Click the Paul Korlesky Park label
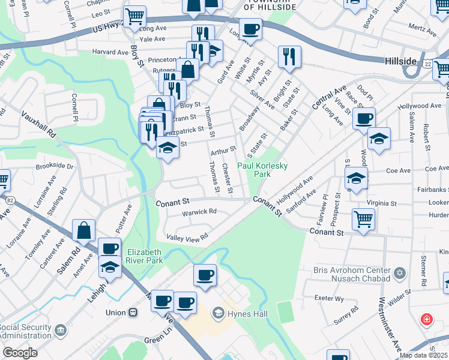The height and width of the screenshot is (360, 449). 262,170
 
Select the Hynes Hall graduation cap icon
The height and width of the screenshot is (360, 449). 218,313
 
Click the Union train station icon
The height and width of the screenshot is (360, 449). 133,313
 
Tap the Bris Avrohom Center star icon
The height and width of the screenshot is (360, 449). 399,274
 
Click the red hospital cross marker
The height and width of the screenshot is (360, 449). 427,319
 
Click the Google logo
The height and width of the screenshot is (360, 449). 20,353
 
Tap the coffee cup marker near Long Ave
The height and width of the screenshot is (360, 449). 250,28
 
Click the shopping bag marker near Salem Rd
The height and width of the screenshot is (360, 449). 83,229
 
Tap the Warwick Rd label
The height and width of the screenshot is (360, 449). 200,212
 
